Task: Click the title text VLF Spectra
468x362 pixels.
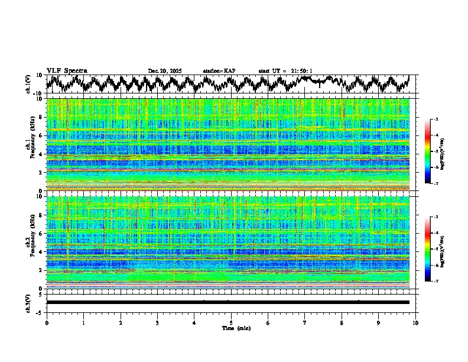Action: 67,70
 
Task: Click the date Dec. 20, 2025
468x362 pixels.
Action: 165,71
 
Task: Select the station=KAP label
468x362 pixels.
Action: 219,71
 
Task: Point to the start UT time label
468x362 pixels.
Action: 285,71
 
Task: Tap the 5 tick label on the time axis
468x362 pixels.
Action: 231,322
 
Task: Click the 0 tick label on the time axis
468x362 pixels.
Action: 47,322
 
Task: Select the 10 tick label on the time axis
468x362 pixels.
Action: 415,322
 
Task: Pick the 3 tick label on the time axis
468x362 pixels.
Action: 157,322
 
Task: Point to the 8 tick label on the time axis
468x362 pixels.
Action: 342,322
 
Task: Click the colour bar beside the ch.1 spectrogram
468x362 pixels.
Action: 428,151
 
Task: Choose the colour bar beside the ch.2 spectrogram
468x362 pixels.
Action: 428,249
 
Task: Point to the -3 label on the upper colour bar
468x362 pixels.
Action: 435,119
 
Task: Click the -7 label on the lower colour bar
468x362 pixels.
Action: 435,282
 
